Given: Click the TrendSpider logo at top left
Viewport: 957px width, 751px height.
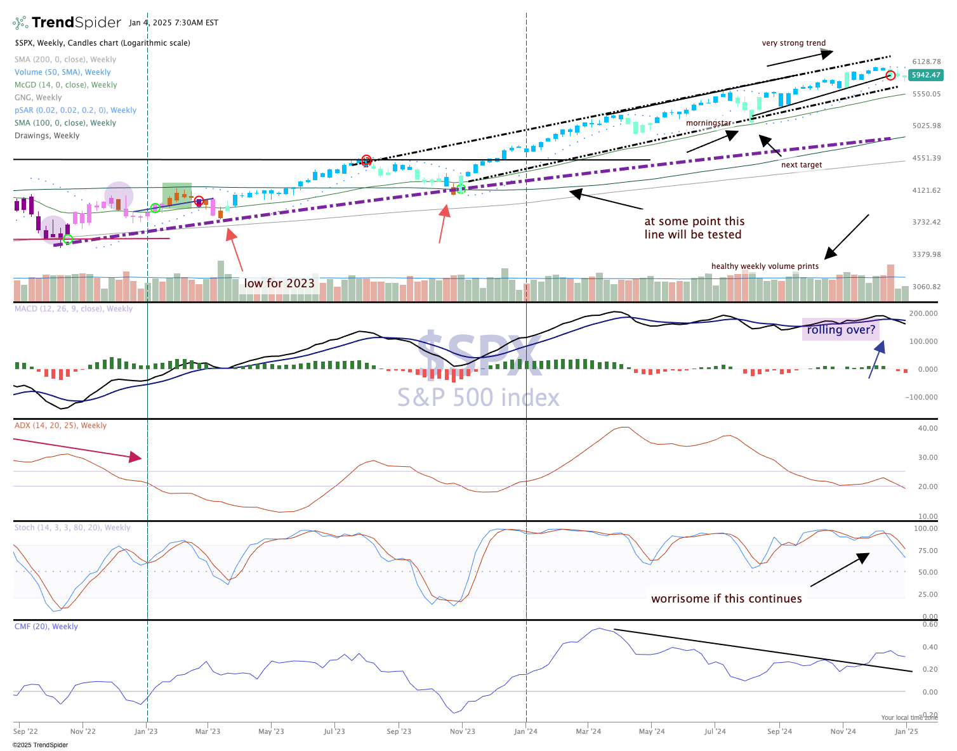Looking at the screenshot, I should pyautogui.click(x=67, y=23).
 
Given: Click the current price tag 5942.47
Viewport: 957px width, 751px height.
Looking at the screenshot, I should pyautogui.click(x=925, y=75).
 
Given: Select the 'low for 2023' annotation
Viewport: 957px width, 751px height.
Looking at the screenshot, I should pyautogui.click(x=279, y=283).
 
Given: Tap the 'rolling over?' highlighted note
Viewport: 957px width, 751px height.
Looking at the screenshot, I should pyautogui.click(x=841, y=329).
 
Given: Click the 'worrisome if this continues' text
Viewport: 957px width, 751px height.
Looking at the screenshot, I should pyautogui.click(x=726, y=599).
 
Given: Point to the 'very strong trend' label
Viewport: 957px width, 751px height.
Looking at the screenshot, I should pyautogui.click(x=793, y=43).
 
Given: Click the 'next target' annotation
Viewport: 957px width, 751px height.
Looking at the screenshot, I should pyautogui.click(x=801, y=165).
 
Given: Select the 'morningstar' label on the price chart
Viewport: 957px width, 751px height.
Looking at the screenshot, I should pyautogui.click(x=708, y=123).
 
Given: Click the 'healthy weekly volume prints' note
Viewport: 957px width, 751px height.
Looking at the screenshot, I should pyautogui.click(x=765, y=266).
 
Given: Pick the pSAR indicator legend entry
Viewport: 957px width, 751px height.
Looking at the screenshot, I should pyautogui.click(x=75, y=110).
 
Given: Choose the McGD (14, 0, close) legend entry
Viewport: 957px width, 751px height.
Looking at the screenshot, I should pyautogui.click(x=65, y=85).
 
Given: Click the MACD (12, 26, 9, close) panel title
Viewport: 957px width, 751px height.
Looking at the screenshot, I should pyautogui.click(x=74, y=309).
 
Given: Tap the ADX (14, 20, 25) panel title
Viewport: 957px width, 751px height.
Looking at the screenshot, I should pyautogui.click(x=60, y=426).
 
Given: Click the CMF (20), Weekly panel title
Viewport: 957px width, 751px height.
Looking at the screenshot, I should pyautogui.click(x=46, y=627).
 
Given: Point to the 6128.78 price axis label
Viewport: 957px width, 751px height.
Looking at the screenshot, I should pyautogui.click(x=926, y=62).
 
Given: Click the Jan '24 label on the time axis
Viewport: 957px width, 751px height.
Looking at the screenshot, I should pyautogui.click(x=525, y=731).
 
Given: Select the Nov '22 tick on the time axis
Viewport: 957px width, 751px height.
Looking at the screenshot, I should pyautogui.click(x=82, y=731).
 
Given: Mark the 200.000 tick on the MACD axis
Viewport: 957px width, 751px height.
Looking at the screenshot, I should pyautogui.click(x=923, y=314).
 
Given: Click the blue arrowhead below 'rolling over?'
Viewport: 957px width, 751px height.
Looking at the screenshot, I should pyautogui.click(x=880, y=346).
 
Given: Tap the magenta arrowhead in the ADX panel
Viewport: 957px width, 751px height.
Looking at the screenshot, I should pyautogui.click(x=135, y=457).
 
